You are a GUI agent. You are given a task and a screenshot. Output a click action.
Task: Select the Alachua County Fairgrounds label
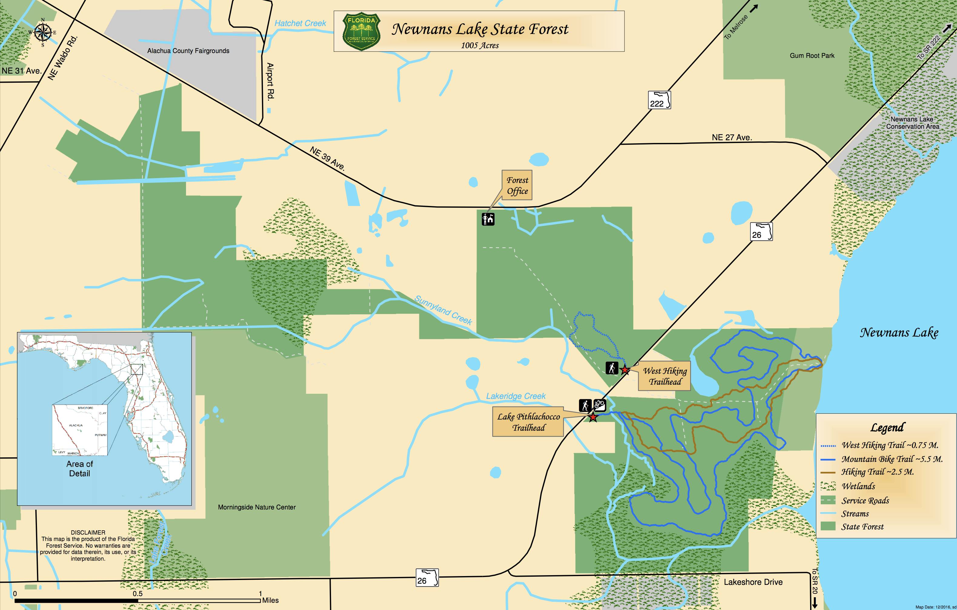(x=188, y=51)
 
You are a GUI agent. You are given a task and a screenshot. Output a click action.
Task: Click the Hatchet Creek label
(x=300, y=23)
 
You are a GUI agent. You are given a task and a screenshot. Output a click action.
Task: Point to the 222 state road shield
(x=659, y=100)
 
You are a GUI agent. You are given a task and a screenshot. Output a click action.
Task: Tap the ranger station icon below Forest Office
(x=488, y=219)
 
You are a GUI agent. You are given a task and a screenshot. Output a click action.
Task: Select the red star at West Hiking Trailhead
(x=625, y=370)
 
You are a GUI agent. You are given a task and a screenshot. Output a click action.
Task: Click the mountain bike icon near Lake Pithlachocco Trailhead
(x=600, y=405)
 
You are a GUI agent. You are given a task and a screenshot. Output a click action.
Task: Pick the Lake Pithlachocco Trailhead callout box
(x=528, y=422)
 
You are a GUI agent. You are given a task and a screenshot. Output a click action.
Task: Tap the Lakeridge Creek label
(x=515, y=396)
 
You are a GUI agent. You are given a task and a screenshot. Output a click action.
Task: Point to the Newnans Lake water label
(x=899, y=333)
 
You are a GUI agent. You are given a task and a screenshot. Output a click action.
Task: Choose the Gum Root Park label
(x=812, y=56)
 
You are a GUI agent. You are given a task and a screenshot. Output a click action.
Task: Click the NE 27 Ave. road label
(x=732, y=138)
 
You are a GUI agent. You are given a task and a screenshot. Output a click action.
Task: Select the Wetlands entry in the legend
(x=858, y=486)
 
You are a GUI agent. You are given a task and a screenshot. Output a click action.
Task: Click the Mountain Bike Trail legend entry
(x=891, y=459)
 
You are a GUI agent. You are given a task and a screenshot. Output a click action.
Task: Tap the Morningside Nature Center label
(x=257, y=507)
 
